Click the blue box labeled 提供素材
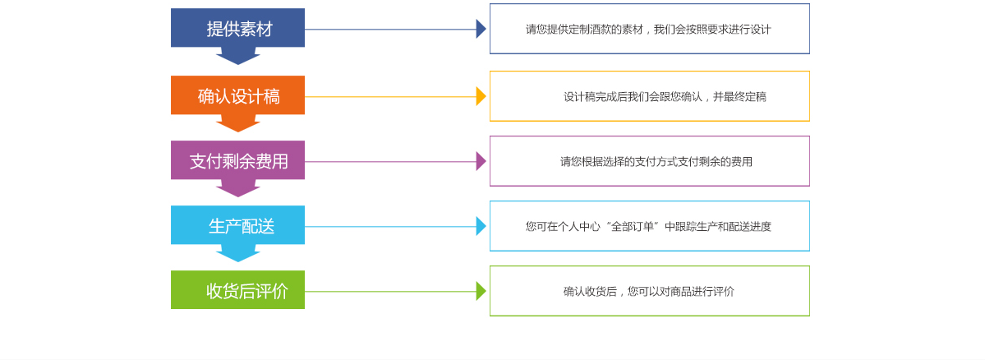tap(237, 28)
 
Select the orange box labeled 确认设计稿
tap(237, 95)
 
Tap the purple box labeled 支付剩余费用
tap(237, 160)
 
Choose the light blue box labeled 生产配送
tap(237, 225)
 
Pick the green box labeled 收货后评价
tap(237, 290)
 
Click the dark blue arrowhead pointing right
tap(481, 29)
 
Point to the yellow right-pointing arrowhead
tap(481, 96)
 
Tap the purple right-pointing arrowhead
tap(481, 161)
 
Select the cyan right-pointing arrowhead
tap(481, 226)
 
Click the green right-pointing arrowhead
tap(481, 291)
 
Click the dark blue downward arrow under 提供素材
tap(238, 56)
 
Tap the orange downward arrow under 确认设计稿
tap(238, 123)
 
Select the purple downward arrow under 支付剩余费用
tap(238, 188)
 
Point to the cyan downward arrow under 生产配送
tap(238, 253)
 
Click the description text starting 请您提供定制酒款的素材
tap(648, 30)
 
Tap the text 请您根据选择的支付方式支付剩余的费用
tap(656, 162)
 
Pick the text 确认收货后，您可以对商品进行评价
tap(648, 292)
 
